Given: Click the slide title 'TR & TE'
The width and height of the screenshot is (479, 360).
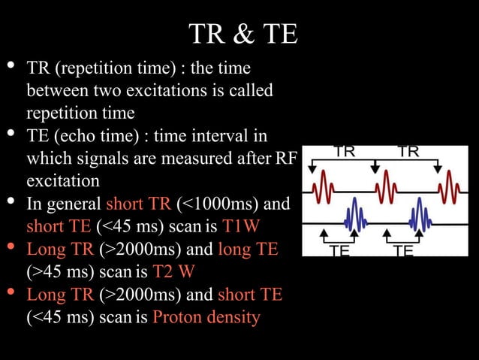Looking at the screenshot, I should tap(243, 34).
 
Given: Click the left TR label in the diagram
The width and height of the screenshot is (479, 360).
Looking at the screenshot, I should tap(345, 152).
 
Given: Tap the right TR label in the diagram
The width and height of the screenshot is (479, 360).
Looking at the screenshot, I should tap(408, 152).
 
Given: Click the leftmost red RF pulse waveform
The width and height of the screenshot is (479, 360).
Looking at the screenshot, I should tap(322, 184).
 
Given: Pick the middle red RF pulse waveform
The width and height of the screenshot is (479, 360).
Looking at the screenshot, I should tap(387, 184).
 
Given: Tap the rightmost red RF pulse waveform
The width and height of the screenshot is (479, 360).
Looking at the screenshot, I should tap(450, 184).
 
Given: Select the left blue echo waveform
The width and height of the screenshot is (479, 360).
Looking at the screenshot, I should tap(354, 216).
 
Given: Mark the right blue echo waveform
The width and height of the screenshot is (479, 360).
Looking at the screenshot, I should tap(418, 216).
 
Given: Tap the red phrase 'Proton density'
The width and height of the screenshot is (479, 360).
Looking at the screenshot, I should tap(206, 317).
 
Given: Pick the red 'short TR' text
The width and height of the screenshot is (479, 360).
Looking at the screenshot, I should tap(138, 204).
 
